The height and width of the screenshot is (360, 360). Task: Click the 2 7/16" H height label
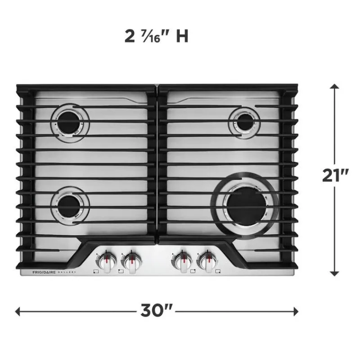pos(156,36)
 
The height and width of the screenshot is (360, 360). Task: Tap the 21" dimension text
pos(335,175)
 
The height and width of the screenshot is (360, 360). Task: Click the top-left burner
pos(70,123)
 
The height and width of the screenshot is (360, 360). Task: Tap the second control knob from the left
pos(131,261)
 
